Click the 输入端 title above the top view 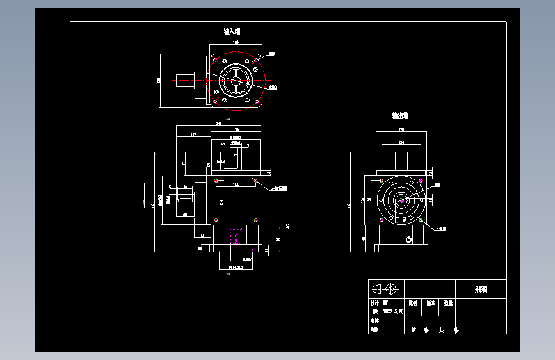click(232, 31)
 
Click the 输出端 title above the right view click(401, 116)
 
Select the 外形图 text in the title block click(480, 290)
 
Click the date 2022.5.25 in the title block click(393, 312)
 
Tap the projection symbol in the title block click(387, 288)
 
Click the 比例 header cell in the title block click(413, 303)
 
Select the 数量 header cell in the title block click(448, 303)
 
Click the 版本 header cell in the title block click(431, 303)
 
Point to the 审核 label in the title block click(374, 321)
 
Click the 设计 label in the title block click(374, 303)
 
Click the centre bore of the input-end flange click(235, 81)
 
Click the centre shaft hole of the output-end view click(401, 200)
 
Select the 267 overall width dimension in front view click(219, 123)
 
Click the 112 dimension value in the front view click(193, 135)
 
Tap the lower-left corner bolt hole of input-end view click(214, 102)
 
